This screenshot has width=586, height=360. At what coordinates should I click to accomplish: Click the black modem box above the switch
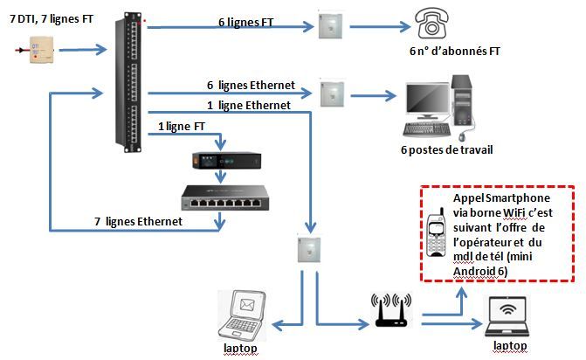tap(226, 161)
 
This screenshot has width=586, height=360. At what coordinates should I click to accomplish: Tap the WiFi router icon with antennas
tap(391, 313)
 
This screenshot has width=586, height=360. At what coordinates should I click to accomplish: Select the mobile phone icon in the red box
tap(438, 233)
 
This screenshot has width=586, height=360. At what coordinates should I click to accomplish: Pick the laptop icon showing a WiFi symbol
tap(510, 315)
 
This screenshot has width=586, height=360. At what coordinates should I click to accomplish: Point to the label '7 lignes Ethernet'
tap(138, 222)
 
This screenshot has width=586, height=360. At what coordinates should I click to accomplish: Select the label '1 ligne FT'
tap(183, 127)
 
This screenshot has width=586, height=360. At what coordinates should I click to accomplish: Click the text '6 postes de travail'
tap(445, 149)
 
